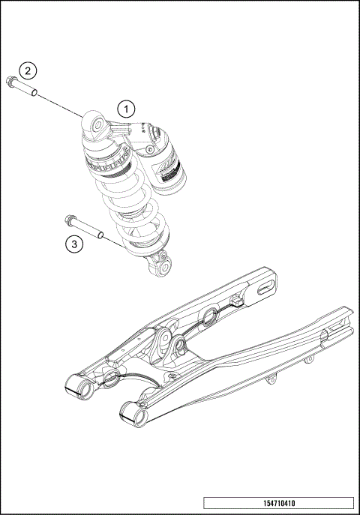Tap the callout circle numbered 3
[73, 244]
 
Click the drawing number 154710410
[278, 505]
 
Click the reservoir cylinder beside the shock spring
[169, 165]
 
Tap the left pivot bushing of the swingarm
[77, 386]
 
